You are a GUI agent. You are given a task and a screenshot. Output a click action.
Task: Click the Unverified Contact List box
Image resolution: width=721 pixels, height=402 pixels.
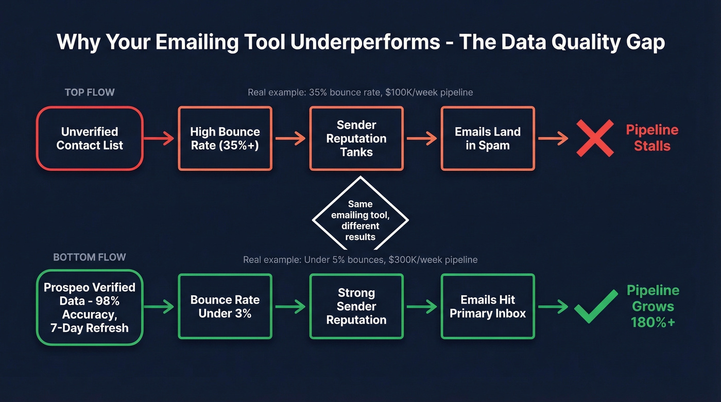[90, 138]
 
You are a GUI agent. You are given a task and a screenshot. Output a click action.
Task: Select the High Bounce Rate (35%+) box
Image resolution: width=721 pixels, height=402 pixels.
[225, 138]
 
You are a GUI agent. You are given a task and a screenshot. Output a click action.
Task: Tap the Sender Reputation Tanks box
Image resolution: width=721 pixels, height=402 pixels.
[356, 138]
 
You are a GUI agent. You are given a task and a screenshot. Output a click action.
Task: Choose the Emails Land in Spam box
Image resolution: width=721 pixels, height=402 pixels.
[488, 138]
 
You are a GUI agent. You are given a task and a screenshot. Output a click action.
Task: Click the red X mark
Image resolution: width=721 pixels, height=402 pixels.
[595, 138]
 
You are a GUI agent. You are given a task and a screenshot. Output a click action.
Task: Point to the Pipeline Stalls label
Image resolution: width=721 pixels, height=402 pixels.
[652, 138]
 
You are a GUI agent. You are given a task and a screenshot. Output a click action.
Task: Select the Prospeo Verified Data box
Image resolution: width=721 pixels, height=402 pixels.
[90, 307]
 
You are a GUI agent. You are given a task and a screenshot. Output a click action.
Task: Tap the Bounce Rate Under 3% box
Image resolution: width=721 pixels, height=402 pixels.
[225, 307]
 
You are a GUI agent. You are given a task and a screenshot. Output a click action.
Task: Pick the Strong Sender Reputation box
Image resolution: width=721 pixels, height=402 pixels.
[356, 307]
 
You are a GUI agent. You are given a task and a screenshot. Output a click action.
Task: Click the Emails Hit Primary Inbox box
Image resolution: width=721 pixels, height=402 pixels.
[488, 307]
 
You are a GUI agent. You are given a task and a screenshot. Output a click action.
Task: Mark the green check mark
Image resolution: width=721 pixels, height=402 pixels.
[596, 306]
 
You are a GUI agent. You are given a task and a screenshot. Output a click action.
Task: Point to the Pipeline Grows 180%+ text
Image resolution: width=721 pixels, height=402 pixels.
[653, 306]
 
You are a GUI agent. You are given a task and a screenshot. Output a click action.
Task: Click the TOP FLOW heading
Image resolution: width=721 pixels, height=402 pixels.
[90, 93]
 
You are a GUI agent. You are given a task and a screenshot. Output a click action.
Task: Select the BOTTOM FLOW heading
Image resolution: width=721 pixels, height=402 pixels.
[90, 257]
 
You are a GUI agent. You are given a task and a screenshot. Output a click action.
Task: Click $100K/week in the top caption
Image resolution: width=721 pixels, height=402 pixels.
[412, 93]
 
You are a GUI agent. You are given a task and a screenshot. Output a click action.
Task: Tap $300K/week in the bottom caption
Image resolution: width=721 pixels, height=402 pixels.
[417, 260]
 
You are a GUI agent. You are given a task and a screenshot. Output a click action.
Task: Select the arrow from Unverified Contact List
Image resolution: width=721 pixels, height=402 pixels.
[160, 138]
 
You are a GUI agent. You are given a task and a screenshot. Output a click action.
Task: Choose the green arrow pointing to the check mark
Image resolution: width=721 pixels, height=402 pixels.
[554, 307]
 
